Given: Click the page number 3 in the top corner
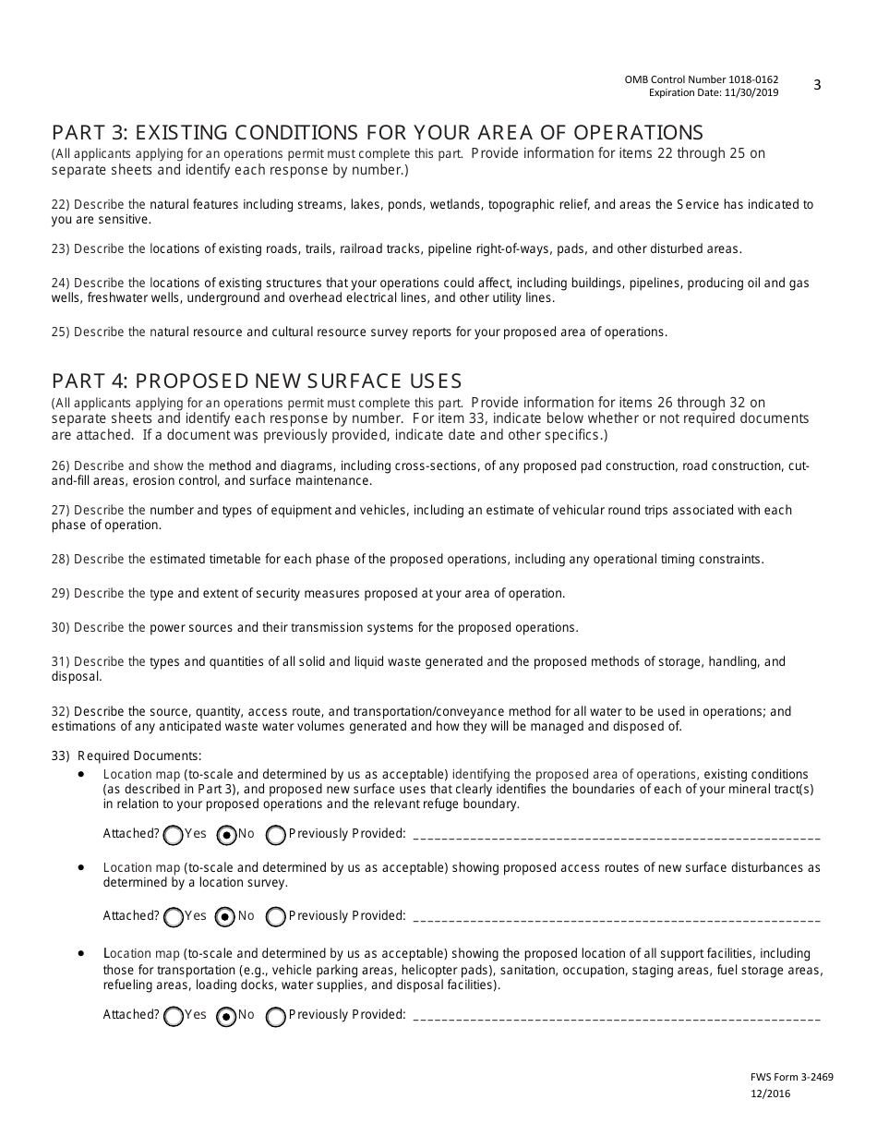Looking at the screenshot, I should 817,85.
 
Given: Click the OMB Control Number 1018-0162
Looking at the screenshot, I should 701,80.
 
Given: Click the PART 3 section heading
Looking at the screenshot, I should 377,132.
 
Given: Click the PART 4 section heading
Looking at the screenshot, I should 257,381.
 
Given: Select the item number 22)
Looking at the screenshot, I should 61,204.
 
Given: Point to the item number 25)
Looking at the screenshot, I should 61,332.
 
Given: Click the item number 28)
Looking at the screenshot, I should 61,559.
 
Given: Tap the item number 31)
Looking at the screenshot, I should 61,661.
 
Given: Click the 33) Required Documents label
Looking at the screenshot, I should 126,755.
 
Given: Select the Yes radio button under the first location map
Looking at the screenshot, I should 173,836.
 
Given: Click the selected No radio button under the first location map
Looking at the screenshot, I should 225,836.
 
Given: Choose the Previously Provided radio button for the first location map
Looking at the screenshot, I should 275,836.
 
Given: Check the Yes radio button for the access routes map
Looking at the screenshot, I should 173,918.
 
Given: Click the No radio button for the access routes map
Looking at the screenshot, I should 225,918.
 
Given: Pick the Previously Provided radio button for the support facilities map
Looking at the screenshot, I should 275,1017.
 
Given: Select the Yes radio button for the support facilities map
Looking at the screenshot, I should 173,1017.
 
